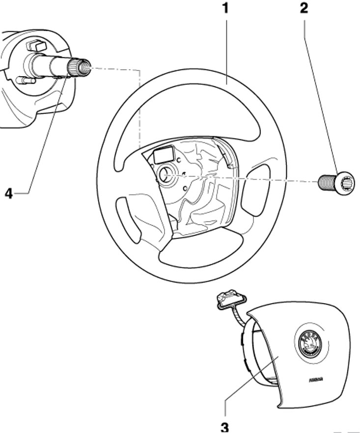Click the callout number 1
click(x=225, y=9)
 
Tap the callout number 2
click(x=305, y=9)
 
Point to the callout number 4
click(x=8, y=193)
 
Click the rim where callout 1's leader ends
click(x=225, y=82)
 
